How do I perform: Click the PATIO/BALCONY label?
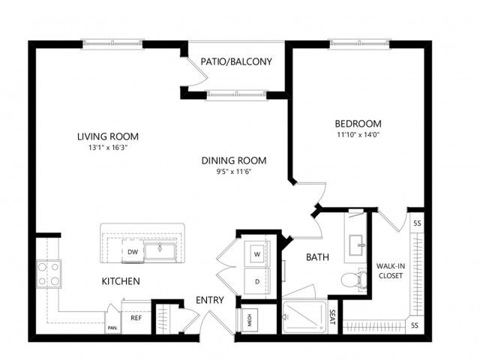[236, 61]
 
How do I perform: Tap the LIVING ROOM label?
[108, 136]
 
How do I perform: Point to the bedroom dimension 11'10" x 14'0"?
[358, 135]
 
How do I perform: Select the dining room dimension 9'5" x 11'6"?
[234, 172]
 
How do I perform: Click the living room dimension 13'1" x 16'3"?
[108, 148]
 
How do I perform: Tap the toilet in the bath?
[354, 279]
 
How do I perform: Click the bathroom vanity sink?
[356, 245]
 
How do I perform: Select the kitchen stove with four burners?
[49, 274]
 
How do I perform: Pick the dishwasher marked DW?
[133, 252]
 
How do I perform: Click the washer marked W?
[257, 253]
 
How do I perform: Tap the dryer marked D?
[257, 281]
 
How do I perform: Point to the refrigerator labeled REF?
[136, 318]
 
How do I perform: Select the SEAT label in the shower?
[332, 318]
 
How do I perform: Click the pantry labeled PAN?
[112, 323]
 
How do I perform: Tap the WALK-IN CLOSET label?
[391, 271]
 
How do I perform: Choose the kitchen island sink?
[160, 251]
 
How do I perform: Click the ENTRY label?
[210, 300]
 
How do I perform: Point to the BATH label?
[317, 257]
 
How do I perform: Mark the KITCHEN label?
[121, 281]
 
